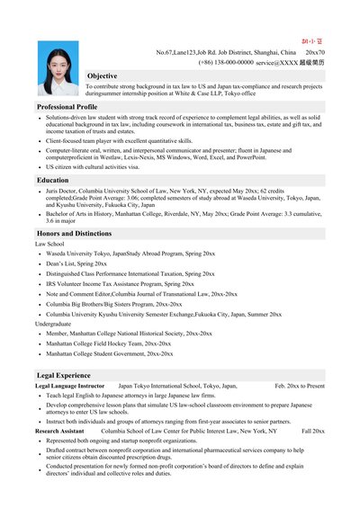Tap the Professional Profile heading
pos(67,106)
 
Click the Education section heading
pos(53,181)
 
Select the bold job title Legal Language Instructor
pos(70,386)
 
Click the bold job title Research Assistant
pos(59,432)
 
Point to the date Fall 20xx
pos(313,432)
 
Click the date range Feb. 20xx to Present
pos(300,386)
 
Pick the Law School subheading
pos(49,244)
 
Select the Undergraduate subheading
pos(55,323)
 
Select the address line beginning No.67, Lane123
pos(231,53)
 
